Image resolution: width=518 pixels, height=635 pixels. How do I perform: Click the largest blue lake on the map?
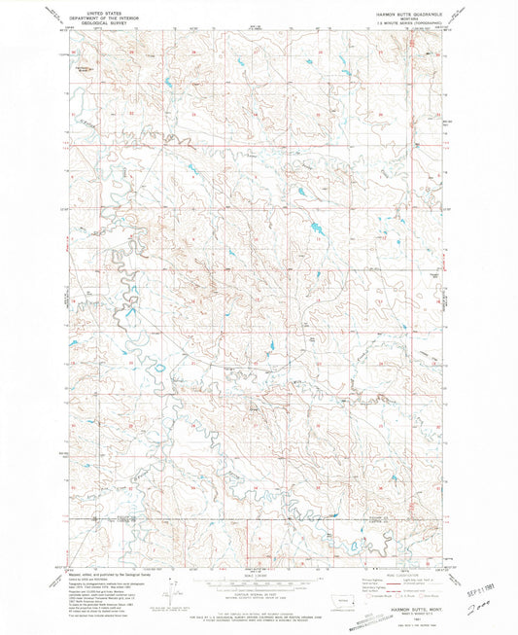coord(318,229)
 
